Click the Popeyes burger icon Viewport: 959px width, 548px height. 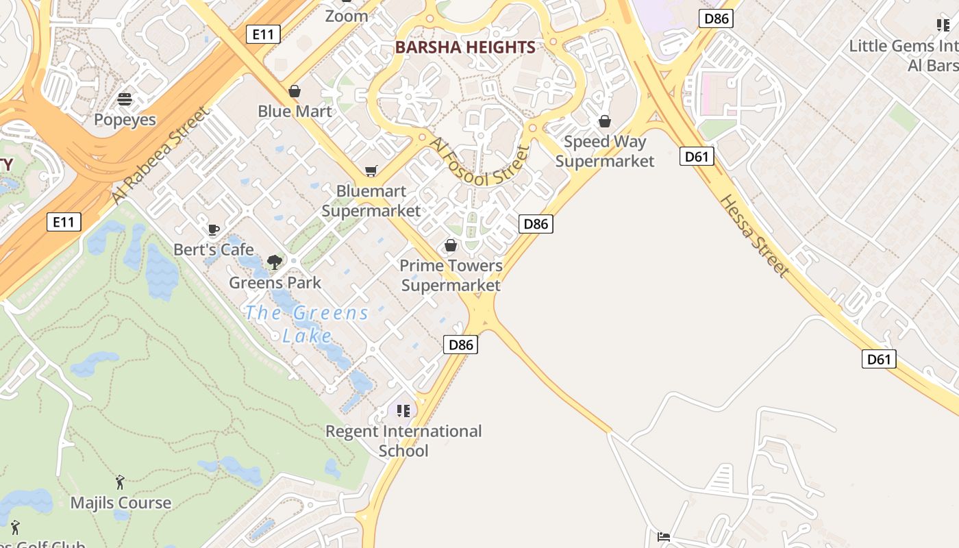[x=125, y=99]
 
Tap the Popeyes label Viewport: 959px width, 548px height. [x=125, y=120]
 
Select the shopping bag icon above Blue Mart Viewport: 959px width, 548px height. [x=295, y=91]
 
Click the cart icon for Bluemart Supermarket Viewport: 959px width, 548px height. [x=371, y=171]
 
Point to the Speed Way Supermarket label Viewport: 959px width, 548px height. [x=605, y=151]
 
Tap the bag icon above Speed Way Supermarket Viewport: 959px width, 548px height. [x=605, y=122]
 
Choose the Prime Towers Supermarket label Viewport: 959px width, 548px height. [x=451, y=275]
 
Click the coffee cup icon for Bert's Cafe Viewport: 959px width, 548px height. [x=214, y=229]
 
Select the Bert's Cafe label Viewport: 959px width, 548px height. [x=214, y=249]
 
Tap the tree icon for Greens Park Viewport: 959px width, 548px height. [x=275, y=262]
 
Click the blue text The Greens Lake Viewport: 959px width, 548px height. [x=307, y=324]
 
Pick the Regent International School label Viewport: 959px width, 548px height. [x=403, y=440]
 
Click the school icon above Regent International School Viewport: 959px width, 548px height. [x=403, y=410]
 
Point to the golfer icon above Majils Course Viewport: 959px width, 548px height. [x=121, y=482]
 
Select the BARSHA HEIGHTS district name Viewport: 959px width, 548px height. [x=465, y=47]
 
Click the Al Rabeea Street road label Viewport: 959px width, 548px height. [x=158, y=155]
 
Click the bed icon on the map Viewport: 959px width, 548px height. [x=663, y=536]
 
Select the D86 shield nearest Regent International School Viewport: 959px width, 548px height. [x=460, y=345]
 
